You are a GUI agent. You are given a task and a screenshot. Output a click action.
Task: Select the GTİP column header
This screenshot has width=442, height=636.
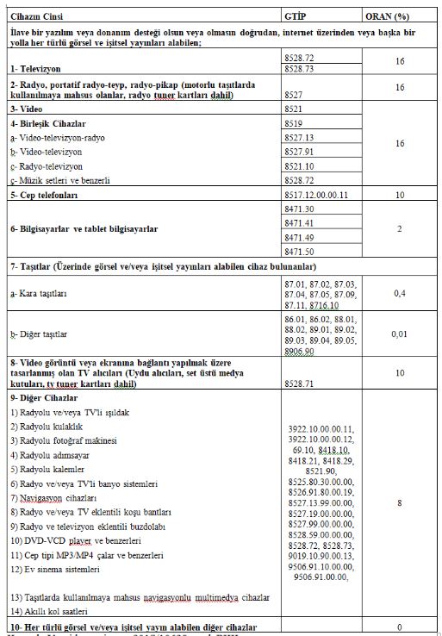tap(296, 16)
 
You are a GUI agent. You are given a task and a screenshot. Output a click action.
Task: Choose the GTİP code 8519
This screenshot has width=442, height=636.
tap(293, 125)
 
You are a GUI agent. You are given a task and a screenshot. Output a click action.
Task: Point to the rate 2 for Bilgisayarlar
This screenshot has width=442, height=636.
tap(399, 230)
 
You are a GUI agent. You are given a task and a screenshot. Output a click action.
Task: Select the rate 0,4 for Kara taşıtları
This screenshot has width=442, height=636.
tap(399, 294)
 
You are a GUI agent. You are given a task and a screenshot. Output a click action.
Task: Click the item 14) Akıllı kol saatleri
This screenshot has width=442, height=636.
tap(57, 609)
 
